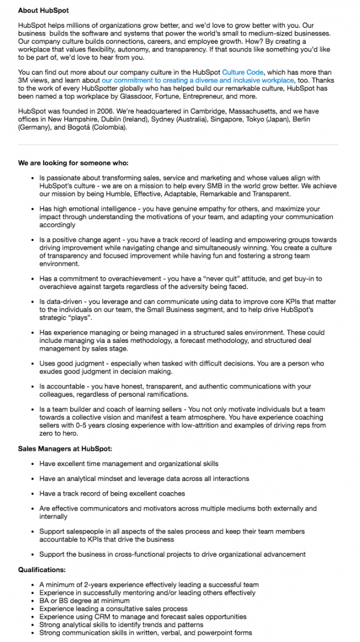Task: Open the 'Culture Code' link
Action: pos(242,72)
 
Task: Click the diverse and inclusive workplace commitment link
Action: pos(198,79)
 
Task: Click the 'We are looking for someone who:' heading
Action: pos(73,163)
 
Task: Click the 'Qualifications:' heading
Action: pos(42,570)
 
